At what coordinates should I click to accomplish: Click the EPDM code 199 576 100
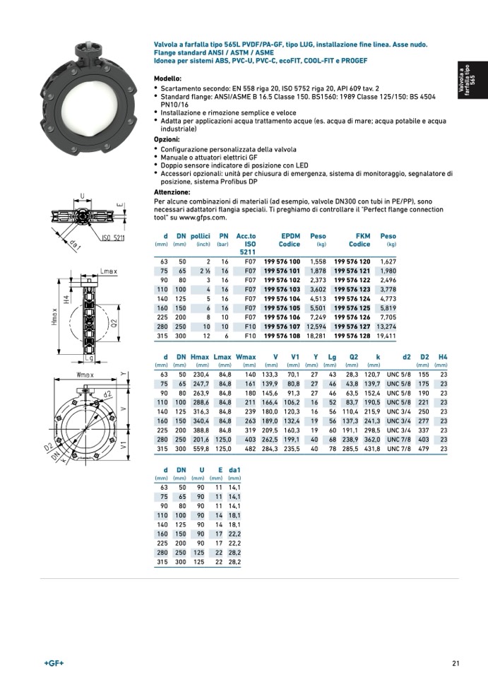282,262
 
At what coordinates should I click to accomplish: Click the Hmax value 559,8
201,448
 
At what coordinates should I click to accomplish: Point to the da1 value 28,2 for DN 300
234,562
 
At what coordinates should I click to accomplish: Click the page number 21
456,662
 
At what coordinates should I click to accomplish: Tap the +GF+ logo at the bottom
54,662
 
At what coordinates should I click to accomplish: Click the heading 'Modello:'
168,78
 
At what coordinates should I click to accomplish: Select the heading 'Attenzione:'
172,192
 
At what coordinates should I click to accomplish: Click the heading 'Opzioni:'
167,139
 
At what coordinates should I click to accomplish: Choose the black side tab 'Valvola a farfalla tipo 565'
471,82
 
